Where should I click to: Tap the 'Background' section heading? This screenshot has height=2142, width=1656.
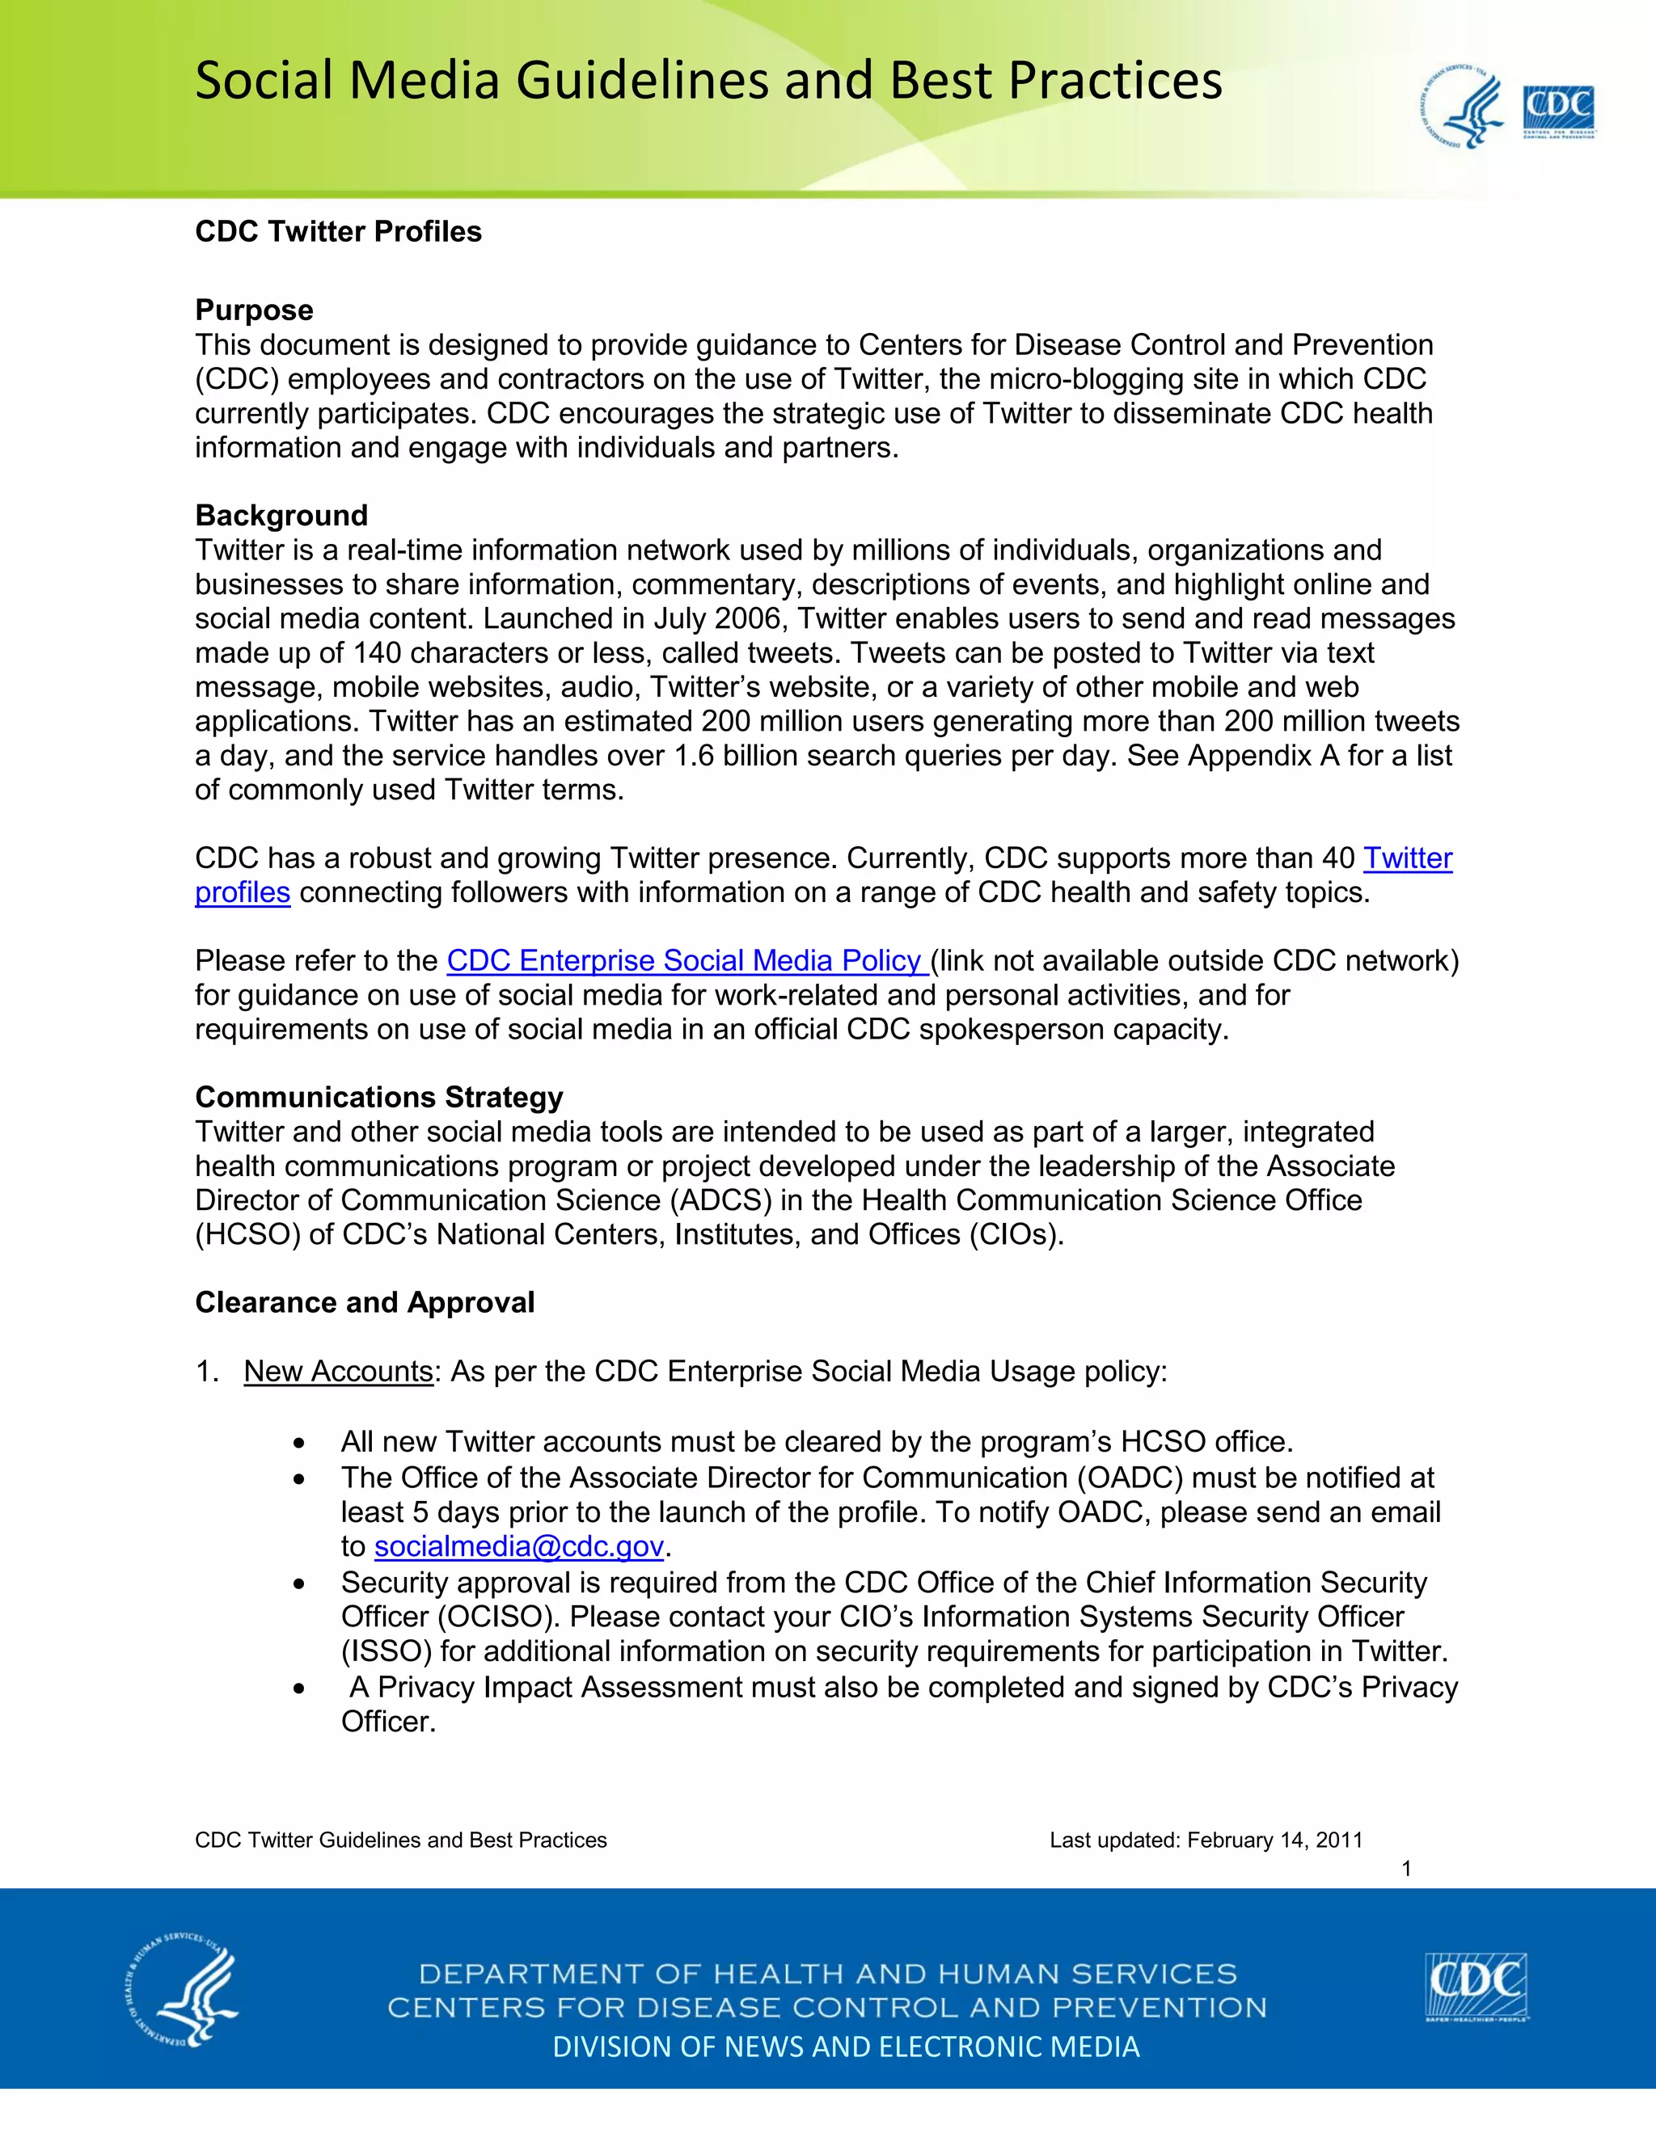click(x=281, y=515)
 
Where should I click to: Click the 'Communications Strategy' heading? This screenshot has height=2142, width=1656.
click(x=378, y=1097)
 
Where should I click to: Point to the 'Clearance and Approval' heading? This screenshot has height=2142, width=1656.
click(x=364, y=1302)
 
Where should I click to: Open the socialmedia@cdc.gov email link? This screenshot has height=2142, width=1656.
click(x=519, y=1546)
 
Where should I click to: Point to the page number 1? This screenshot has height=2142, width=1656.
click(x=1406, y=1868)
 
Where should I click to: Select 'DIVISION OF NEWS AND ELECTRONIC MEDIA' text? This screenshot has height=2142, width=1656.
click(x=846, y=2047)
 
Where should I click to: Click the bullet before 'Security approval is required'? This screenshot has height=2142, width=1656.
click(x=299, y=1584)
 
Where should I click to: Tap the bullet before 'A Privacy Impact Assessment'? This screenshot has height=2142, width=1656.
click(x=299, y=1689)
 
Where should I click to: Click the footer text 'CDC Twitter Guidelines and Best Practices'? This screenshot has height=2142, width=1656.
click(x=400, y=1840)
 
